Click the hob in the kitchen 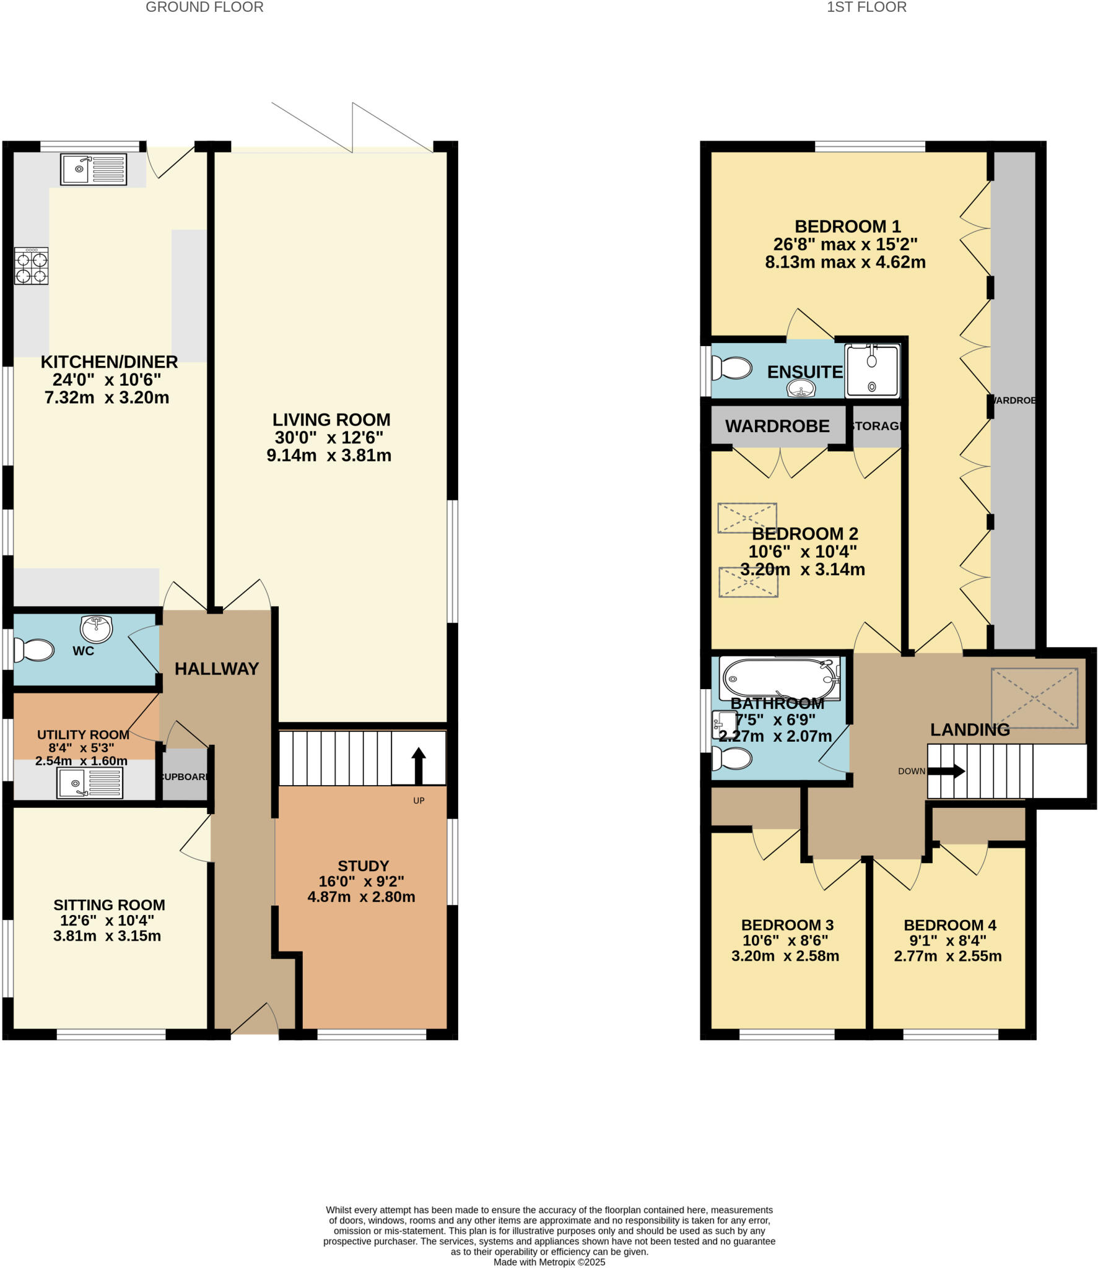point(32,266)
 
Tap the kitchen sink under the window point(94,169)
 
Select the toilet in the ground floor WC point(35,650)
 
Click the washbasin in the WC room point(96,628)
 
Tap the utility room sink point(90,783)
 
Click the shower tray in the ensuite point(872,370)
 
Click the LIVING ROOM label point(331,420)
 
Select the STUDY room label point(363,866)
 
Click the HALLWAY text point(216,669)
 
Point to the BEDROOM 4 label point(949,925)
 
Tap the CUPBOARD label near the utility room point(184,777)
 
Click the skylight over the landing point(1034,698)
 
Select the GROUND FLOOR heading point(204,7)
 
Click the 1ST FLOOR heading point(866,7)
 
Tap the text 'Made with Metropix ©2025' point(549,1262)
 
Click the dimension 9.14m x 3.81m point(329,456)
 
